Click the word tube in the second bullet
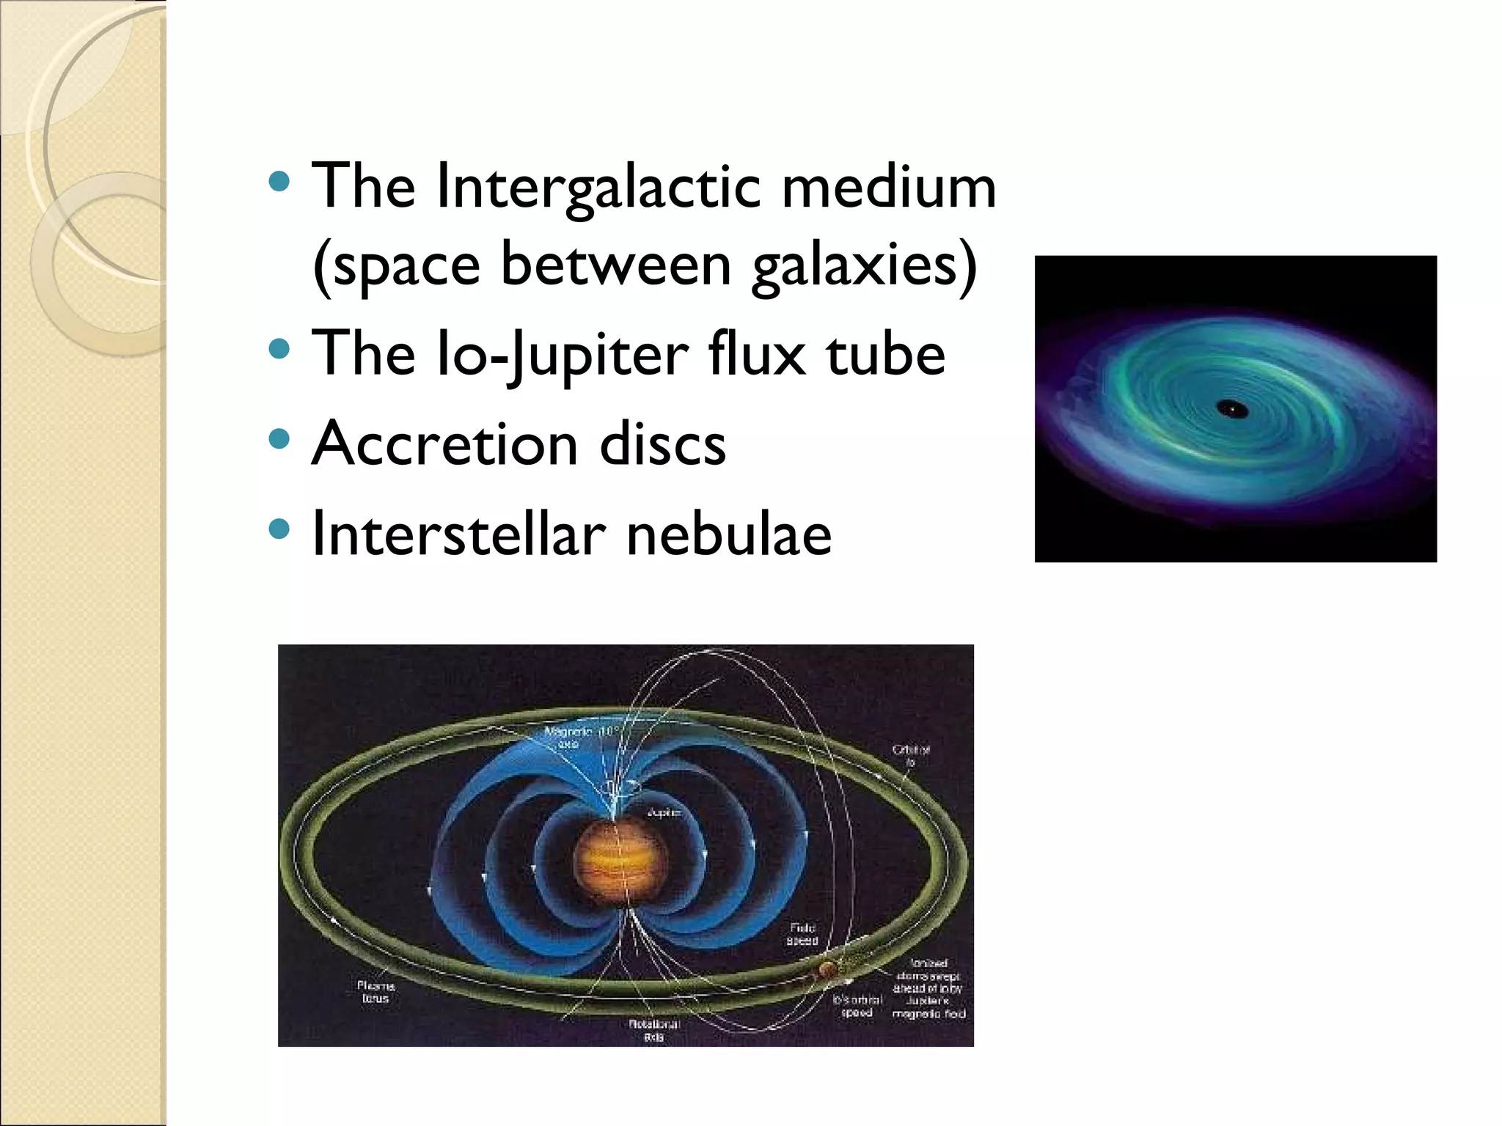[x=885, y=355]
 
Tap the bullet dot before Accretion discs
[x=279, y=439]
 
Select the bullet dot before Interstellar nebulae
[x=279, y=529]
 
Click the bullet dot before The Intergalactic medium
[x=279, y=181]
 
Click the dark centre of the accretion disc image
[x=1231, y=408]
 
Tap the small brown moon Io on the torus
[x=828, y=970]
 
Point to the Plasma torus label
[x=375, y=992]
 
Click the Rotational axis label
[x=654, y=1030]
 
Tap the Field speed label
[x=802, y=934]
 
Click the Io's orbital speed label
[x=857, y=1006]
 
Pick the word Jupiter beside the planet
[x=664, y=812]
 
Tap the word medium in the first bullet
[x=889, y=188]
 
